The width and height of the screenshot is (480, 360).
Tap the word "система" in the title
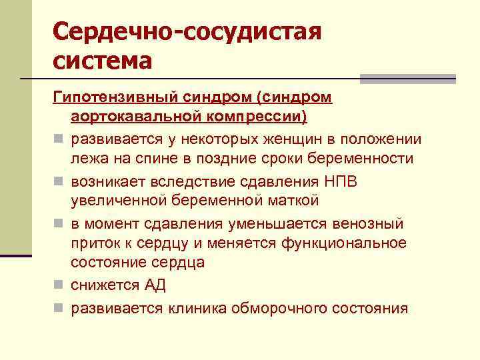[103, 61]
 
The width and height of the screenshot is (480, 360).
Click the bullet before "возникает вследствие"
[59, 181]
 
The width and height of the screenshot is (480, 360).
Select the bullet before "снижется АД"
[59, 286]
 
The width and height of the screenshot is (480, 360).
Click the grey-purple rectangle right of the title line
[407, 79]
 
